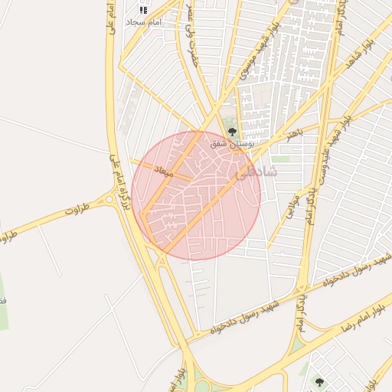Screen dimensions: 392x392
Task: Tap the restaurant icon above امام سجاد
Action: click(x=142, y=10)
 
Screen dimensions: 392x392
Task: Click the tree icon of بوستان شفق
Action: click(x=232, y=132)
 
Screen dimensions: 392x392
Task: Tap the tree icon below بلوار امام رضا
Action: click(x=319, y=381)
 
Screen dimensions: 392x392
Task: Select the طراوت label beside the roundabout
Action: click(x=78, y=207)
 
